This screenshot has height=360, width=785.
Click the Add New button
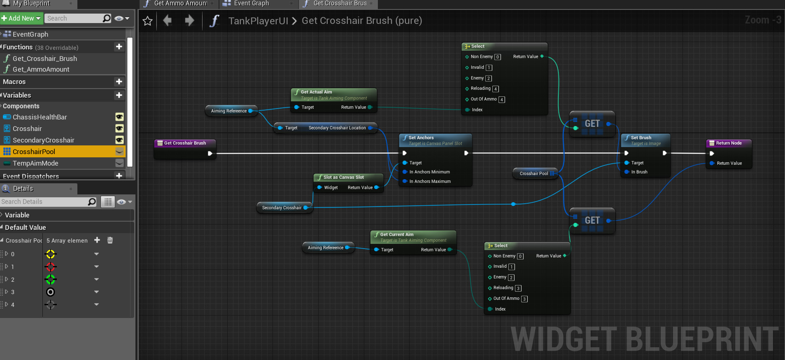pos(21,18)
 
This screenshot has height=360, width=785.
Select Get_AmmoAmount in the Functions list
pos(41,69)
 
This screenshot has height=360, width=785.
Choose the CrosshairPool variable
pos(34,152)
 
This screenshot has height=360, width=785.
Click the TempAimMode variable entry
pos(35,163)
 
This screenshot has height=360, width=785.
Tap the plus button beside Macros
pos(119,82)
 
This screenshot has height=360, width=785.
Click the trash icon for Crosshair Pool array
pos(110,240)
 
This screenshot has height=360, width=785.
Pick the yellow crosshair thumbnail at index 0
pos(51,254)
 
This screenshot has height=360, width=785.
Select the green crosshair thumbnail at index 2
pos(51,280)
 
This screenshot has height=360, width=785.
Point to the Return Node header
pos(729,143)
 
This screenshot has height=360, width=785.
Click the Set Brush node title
pos(641,138)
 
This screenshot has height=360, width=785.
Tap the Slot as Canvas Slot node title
pos(343,177)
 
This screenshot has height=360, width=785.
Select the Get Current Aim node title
pos(397,234)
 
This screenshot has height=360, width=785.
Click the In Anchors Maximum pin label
pos(430,181)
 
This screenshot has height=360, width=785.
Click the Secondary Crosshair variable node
pos(282,208)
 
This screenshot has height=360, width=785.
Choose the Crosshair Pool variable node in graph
pos(533,173)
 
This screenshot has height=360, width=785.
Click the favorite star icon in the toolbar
pos(148,21)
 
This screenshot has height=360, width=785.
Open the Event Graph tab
pos(251,4)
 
